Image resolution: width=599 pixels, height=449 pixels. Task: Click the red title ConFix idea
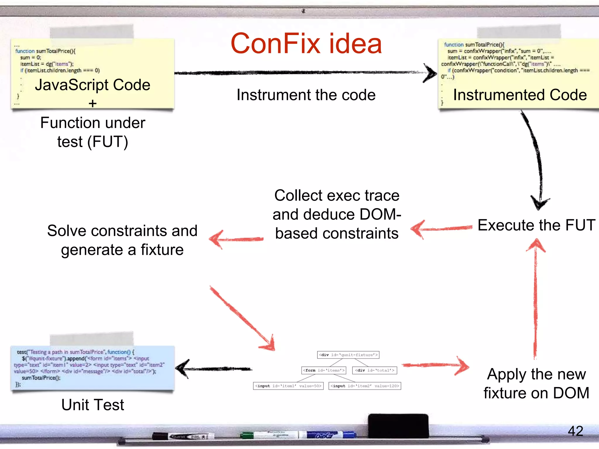coord(306,44)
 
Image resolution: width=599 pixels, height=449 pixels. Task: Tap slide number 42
coord(575,431)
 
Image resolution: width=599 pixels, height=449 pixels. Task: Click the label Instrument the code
coord(306,95)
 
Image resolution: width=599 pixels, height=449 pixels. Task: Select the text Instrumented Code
coord(520,95)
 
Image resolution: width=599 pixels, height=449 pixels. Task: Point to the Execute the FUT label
coord(536,225)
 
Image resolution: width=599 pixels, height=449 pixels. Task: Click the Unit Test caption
coord(93,405)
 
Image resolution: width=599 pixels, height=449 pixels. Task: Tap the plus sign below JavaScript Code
coord(92,103)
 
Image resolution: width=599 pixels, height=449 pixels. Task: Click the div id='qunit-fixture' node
coord(348,355)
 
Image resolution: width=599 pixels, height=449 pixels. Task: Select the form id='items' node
coord(324,370)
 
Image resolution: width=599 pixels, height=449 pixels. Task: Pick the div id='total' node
coord(374,370)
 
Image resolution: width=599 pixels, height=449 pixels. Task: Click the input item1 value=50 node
coord(288,386)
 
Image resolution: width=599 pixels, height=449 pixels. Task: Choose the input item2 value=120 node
coord(365,386)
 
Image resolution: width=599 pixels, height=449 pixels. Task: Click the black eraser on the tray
coord(398,425)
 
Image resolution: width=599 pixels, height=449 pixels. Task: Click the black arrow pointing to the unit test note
coord(214,369)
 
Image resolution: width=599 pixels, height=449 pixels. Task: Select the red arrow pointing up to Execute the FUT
coord(536,298)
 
